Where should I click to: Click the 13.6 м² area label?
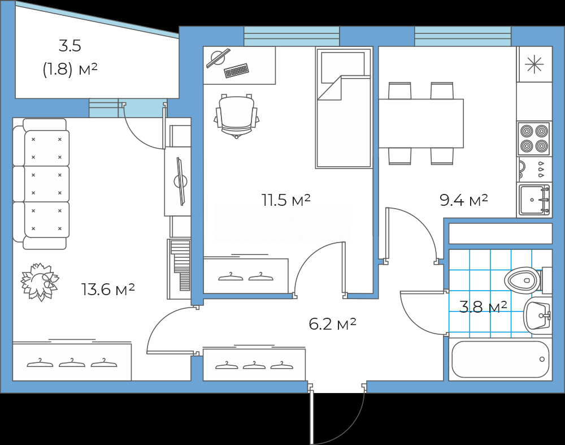(108, 289)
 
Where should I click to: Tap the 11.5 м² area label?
(286, 200)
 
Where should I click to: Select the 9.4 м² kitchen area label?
(464, 200)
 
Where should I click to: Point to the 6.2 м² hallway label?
(333, 324)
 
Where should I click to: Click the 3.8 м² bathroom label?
(483, 306)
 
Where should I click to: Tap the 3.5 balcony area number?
(70, 46)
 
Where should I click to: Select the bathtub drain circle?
(542, 359)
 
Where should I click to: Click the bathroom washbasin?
(537, 316)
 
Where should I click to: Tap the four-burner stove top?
(534, 139)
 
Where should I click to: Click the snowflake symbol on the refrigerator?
(534, 65)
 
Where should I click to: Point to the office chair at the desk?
(237, 116)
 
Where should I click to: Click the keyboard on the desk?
(236, 70)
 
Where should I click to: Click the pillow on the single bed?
(343, 67)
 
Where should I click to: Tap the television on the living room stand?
(180, 181)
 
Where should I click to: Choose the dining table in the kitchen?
(421, 123)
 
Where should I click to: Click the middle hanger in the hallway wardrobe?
(254, 366)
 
